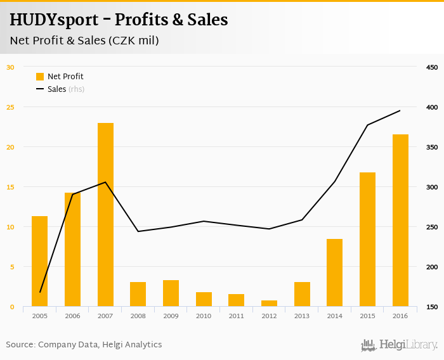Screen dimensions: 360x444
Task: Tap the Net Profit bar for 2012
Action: pyautogui.click(x=269, y=303)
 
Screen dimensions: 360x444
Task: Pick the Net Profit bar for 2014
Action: pyautogui.click(x=334, y=273)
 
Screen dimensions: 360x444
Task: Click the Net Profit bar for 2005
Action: pyautogui.click(x=40, y=261)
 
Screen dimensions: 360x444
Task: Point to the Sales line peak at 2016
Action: pyautogui.click(x=400, y=111)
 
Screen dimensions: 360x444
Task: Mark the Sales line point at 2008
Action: pyautogui.click(x=138, y=231)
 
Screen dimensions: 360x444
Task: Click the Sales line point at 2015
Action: pyautogui.click(x=367, y=125)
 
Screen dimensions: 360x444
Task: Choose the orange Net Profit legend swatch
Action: pyautogui.click(x=40, y=77)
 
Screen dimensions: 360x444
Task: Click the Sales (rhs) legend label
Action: pyautogui.click(x=66, y=89)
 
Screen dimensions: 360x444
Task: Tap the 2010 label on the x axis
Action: pyautogui.click(x=204, y=316)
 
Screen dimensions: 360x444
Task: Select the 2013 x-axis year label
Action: pyautogui.click(x=302, y=316)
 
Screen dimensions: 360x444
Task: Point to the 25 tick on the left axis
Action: pyautogui.click(x=10, y=107)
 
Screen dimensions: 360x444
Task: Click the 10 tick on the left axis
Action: pyautogui.click(x=10, y=227)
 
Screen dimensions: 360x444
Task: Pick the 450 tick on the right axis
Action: pyautogui.click(x=432, y=67)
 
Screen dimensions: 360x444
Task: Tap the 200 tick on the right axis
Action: pyautogui.click(x=432, y=267)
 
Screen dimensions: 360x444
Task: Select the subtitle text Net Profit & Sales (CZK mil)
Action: pyautogui.click(x=84, y=41)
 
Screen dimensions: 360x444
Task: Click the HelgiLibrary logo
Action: pyautogui.click(x=400, y=345)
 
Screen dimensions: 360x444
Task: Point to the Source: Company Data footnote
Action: pyautogui.click(x=84, y=345)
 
